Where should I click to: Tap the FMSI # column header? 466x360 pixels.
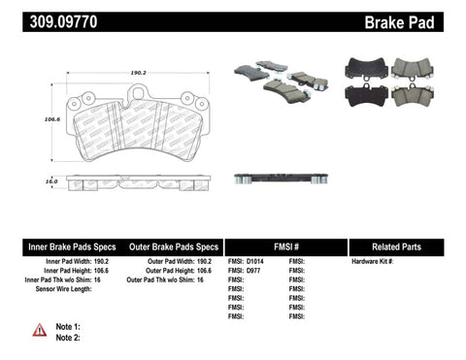285,246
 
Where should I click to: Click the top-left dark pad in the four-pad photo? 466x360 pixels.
365,69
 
